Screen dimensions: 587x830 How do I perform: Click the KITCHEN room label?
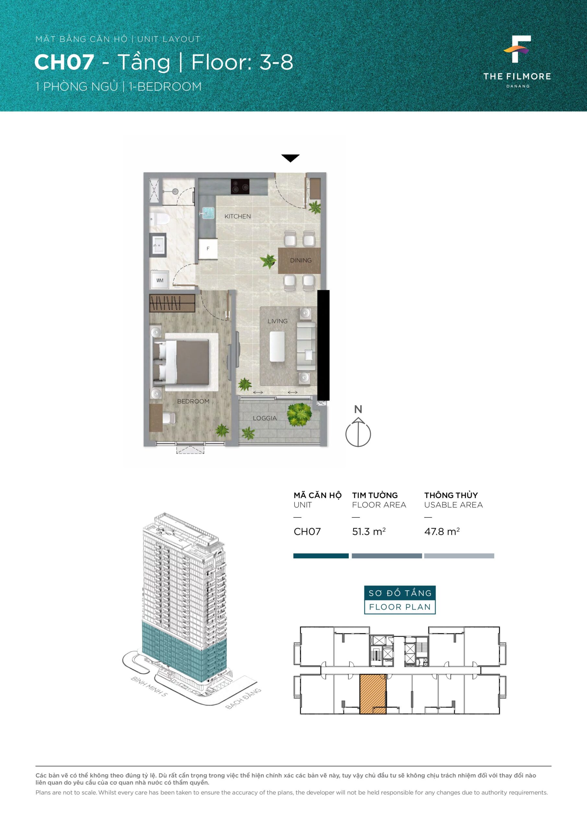pos(238,216)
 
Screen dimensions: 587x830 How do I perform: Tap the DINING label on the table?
pos(301,260)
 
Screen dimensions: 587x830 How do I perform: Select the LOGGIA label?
pos(264,418)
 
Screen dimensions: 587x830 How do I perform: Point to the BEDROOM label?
pos(193,401)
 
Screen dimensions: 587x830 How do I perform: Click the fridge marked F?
pos(208,248)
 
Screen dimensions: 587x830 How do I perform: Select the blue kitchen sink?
pos(208,213)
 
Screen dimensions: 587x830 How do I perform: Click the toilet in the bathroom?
pos(159,219)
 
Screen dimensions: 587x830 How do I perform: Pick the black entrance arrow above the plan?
pos(290,158)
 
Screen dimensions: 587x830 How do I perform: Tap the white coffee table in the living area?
pos(277,347)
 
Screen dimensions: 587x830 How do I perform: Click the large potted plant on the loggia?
pos(299,415)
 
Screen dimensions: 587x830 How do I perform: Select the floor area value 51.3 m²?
pos(369,531)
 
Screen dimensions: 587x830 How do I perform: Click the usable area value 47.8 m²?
pos(442,531)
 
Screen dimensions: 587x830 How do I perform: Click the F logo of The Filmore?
pos(517,49)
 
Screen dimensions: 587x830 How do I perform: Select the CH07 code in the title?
pos(64,62)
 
